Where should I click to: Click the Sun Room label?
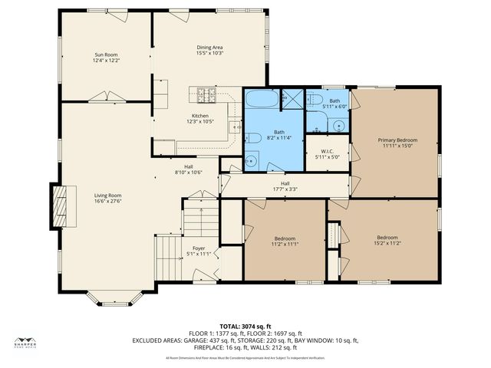click(106, 54)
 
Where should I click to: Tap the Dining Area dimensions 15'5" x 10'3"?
click(209, 54)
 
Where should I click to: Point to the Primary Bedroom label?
click(397, 140)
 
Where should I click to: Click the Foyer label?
click(198, 248)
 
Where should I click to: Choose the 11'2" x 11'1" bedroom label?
click(284, 238)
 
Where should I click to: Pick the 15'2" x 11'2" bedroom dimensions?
click(387, 244)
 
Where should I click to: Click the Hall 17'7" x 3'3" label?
click(285, 183)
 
